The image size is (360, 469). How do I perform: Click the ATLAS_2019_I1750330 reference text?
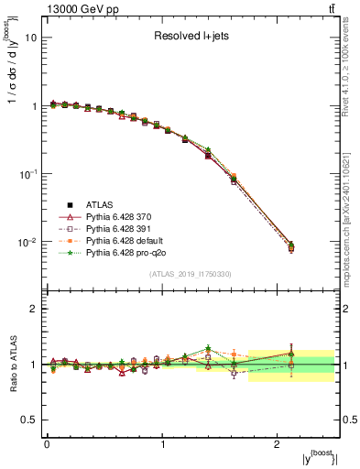click(191, 274)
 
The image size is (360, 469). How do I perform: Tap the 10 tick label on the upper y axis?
click(31, 38)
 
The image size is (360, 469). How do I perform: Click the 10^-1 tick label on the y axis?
click(27, 174)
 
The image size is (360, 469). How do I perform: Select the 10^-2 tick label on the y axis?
click(27, 242)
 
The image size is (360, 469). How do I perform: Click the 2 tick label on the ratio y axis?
click(34, 309)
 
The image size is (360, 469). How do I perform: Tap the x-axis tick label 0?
click(47, 444)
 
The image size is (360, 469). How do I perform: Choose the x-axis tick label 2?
click(278, 444)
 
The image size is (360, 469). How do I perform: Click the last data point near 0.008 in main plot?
click(291, 247)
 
